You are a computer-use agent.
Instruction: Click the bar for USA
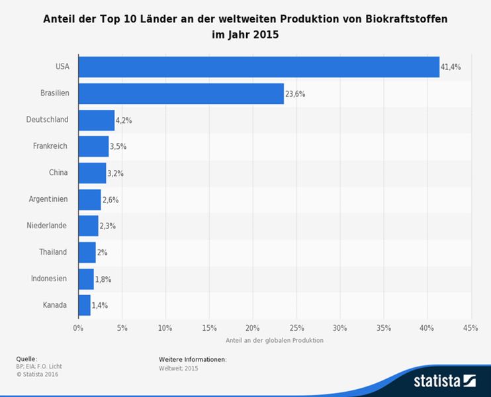[259, 67]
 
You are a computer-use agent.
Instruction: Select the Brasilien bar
[181, 93]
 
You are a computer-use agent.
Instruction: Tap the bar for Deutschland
[96, 120]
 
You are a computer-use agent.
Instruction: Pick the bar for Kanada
[84, 305]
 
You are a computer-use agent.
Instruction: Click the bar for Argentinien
[89, 199]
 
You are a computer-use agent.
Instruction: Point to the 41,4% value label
[451, 67]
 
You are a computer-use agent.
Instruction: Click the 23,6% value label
[295, 94]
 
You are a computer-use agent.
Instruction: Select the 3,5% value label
[118, 147]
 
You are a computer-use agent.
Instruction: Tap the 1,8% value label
[103, 279]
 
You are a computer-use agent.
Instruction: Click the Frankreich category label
[50, 146]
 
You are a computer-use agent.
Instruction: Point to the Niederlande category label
[46, 226]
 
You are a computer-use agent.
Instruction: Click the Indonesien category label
[48, 279]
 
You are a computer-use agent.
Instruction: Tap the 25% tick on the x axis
[296, 328]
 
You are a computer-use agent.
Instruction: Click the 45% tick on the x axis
[470, 328]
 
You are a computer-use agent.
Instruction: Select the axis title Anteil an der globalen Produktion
[274, 340]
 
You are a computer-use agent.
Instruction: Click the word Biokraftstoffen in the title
[404, 19]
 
